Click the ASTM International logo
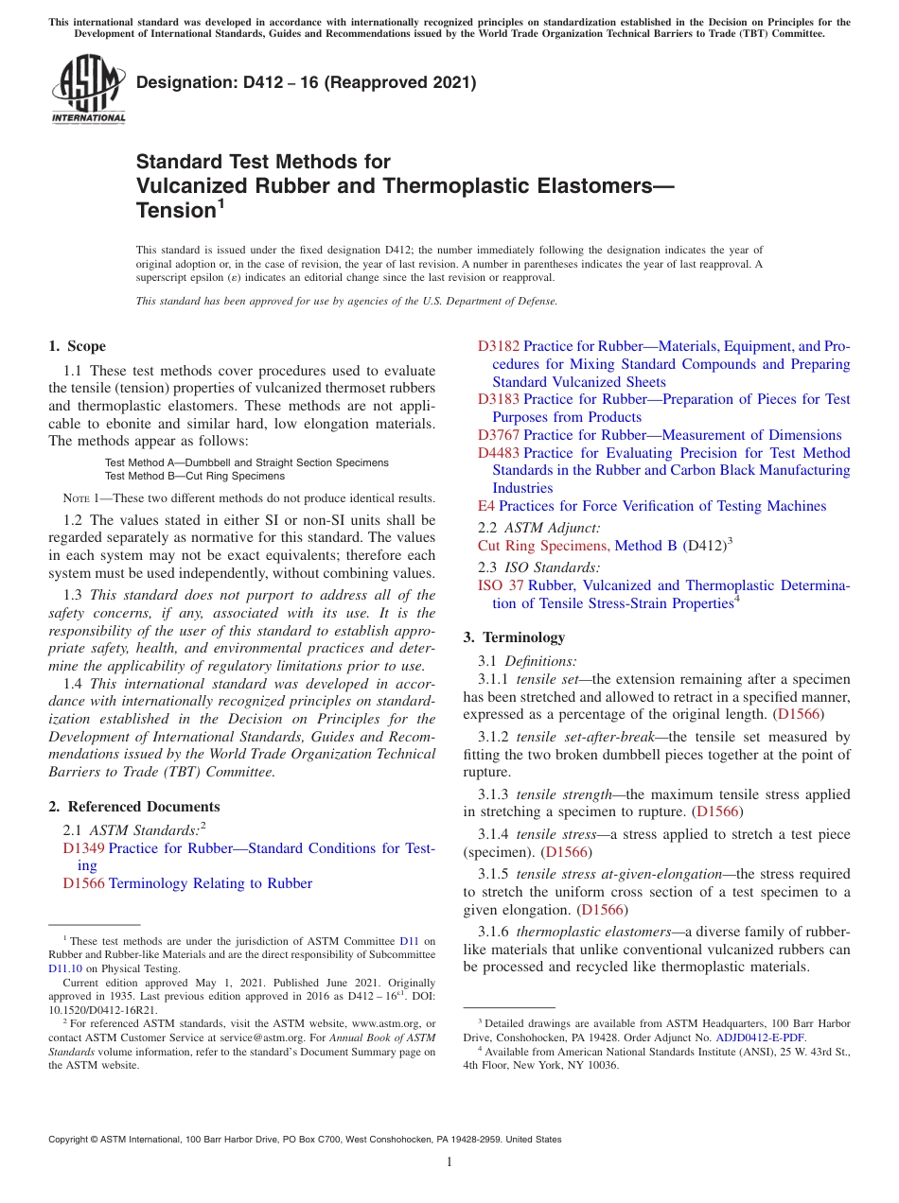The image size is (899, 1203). (x=88, y=91)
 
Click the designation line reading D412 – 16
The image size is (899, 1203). (x=306, y=83)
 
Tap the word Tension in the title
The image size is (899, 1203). (x=177, y=211)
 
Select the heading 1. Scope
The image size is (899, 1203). (x=77, y=346)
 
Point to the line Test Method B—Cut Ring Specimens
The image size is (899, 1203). (x=194, y=476)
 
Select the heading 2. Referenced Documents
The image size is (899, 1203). (x=134, y=807)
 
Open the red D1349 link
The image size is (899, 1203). (x=83, y=848)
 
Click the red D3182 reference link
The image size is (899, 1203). (x=499, y=346)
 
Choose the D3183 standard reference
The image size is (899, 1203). (x=499, y=399)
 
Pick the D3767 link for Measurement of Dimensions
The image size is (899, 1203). (x=499, y=435)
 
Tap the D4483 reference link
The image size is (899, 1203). (x=499, y=453)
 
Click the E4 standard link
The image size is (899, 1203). (x=486, y=506)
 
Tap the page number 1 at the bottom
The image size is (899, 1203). (x=449, y=1161)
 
